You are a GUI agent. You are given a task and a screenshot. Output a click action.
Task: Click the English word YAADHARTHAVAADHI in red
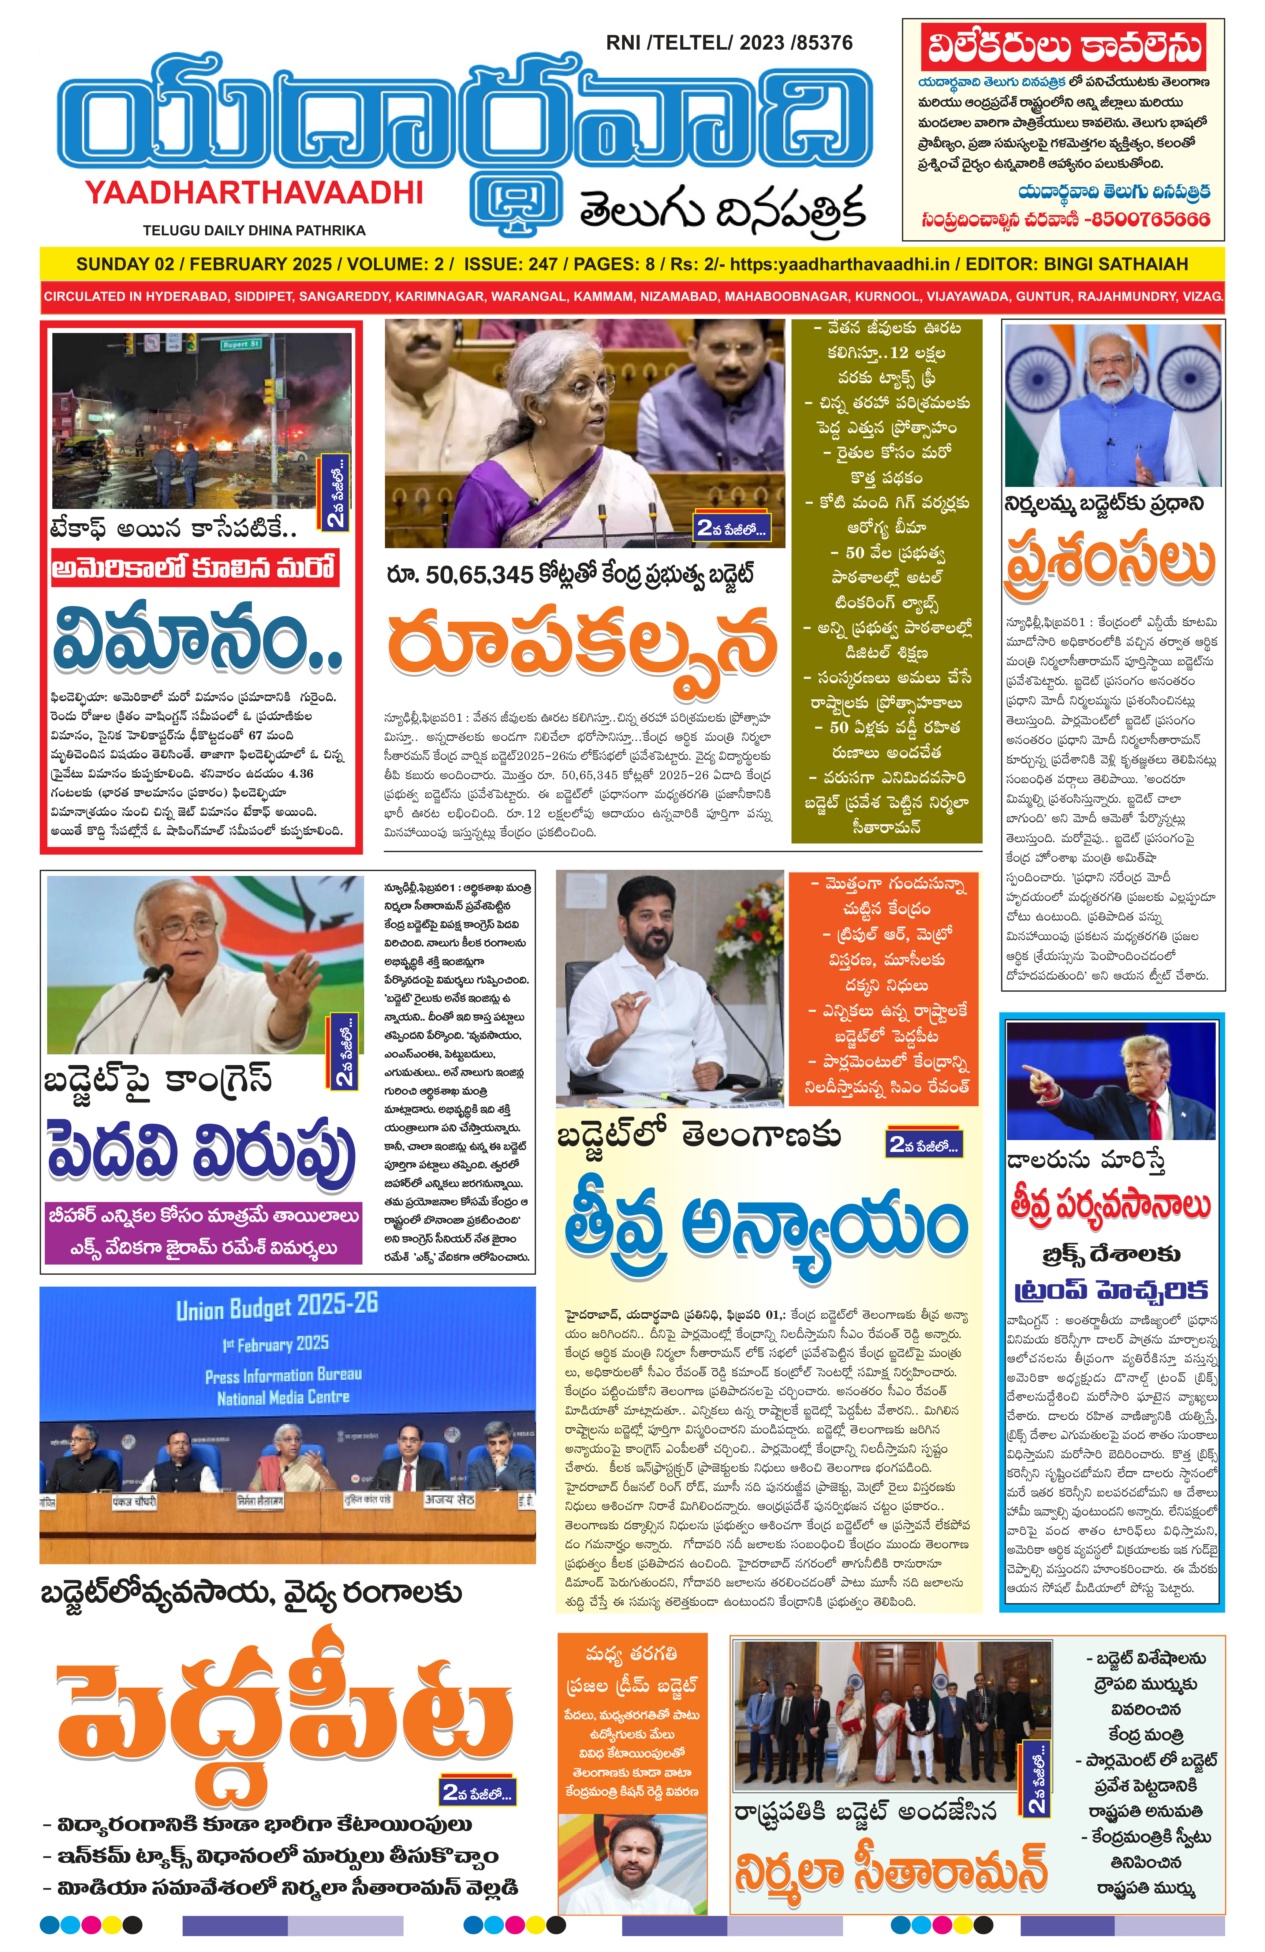(x=254, y=193)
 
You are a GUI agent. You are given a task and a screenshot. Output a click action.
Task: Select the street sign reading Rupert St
(x=240, y=345)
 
